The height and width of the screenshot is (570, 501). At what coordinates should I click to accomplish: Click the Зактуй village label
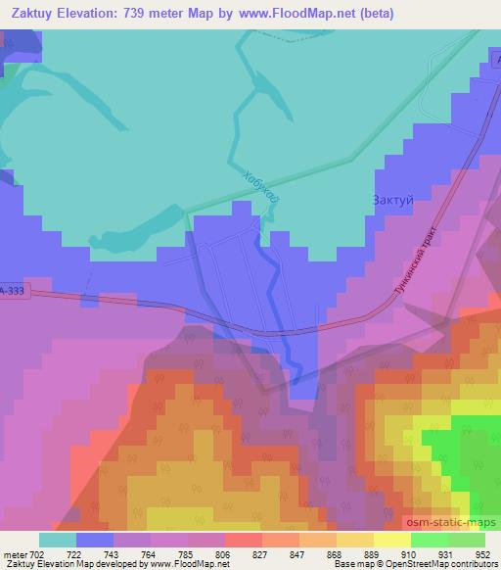click(393, 201)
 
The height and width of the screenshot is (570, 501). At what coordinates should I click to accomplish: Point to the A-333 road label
click(14, 291)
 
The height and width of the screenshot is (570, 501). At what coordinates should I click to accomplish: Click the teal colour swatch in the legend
click(58, 540)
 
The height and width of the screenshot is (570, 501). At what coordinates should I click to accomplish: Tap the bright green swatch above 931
click(429, 540)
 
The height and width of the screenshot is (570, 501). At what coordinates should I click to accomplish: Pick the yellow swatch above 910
click(391, 540)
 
